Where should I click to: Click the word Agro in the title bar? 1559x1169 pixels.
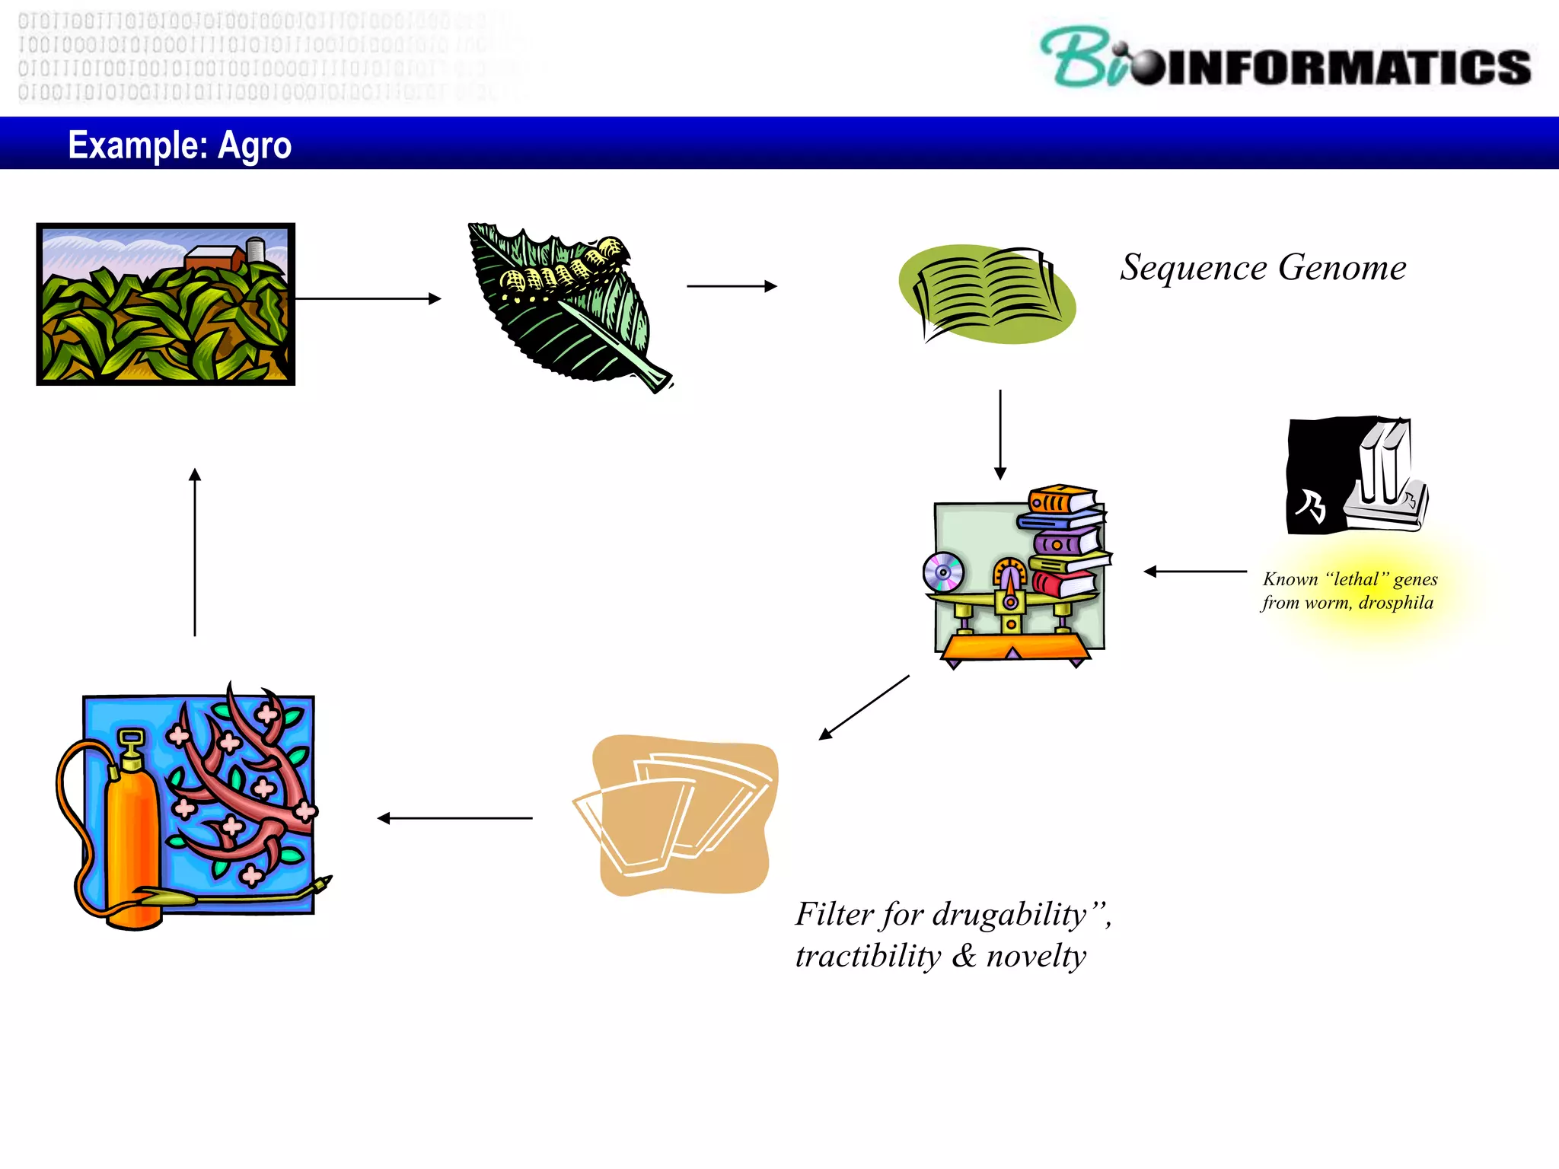[x=254, y=145]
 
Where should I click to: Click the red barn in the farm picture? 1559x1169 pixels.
[x=215, y=259]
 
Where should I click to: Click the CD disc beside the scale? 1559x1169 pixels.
[x=943, y=572]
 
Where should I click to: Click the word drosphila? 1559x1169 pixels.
[x=1395, y=603]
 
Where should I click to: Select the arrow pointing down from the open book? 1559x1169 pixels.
[x=1000, y=435]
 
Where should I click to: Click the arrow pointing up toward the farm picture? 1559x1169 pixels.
[x=195, y=551]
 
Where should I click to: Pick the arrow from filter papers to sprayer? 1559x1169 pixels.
[x=454, y=818]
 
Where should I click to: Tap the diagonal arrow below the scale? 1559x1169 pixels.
[x=864, y=707]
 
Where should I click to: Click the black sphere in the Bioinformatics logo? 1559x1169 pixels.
[x=1148, y=68]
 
